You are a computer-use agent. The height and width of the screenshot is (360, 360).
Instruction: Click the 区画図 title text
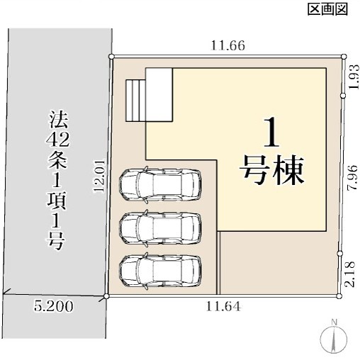[x=328, y=9]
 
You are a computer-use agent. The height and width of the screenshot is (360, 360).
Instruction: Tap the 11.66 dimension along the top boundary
[x=227, y=45]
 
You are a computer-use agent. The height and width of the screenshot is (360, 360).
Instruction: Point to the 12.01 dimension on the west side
[x=99, y=176]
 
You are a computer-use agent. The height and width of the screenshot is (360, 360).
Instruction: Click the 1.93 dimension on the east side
[x=354, y=77]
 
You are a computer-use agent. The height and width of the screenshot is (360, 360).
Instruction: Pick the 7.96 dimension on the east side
[x=354, y=178]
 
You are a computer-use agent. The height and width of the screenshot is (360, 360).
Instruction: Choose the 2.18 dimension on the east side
[x=350, y=274]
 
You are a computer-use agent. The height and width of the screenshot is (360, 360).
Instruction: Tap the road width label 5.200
[x=53, y=307]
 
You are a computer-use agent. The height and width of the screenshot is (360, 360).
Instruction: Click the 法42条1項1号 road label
[x=56, y=181]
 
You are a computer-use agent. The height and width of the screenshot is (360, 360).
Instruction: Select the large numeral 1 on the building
[x=271, y=133]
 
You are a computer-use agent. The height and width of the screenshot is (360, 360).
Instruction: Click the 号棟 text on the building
[x=271, y=169]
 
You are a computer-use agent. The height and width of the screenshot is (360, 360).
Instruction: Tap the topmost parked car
[x=160, y=184]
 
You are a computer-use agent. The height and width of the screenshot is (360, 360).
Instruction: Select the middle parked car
[x=160, y=228]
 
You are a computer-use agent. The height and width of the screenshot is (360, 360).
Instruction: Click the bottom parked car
[x=160, y=271]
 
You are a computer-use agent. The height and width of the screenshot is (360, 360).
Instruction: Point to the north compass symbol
[x=334, y=338]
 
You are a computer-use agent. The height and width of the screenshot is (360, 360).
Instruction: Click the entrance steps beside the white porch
[x=135, y=101]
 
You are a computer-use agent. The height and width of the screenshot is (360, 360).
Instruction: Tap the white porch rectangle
[x=159, y=95]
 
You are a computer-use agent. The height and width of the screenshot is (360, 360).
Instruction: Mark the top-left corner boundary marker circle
[x=111, y=57]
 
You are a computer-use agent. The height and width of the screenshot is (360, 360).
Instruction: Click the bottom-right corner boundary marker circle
[x=339, y=296]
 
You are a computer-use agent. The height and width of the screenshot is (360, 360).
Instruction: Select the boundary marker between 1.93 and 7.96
[x=343, y=96]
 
